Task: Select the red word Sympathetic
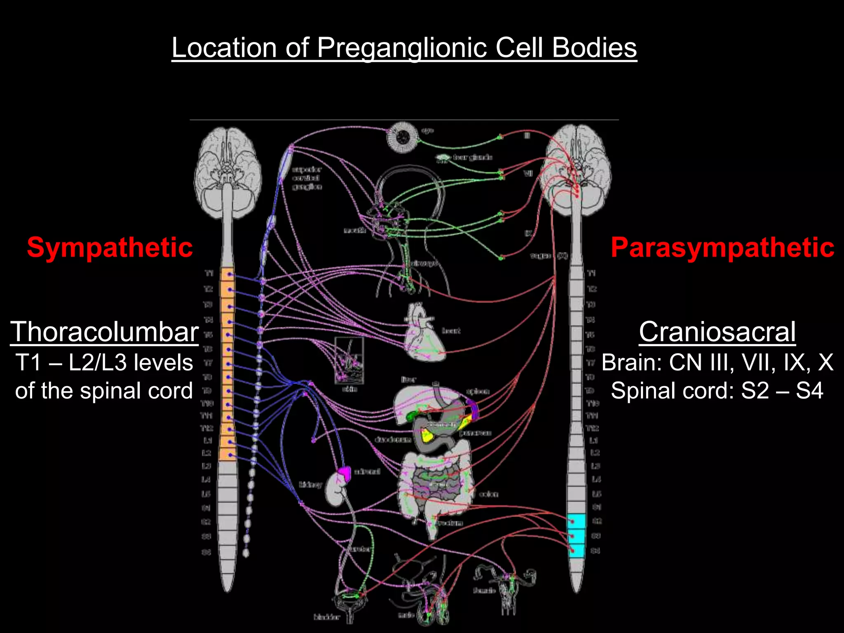110,248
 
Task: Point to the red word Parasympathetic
722,248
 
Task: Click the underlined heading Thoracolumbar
105,332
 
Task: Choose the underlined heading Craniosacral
717,332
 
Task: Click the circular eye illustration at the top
403,137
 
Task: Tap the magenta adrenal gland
345,473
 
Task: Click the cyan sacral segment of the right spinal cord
576,536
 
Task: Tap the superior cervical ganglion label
307,178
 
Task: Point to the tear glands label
472,157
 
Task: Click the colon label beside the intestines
489,494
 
